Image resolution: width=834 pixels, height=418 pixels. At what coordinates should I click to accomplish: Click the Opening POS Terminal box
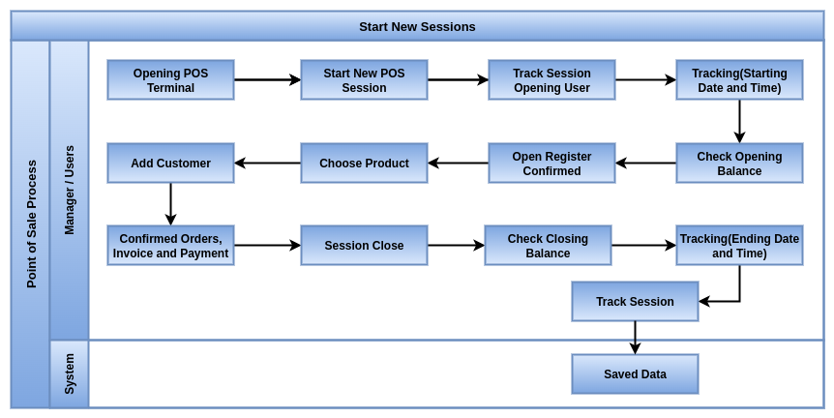point(170,79)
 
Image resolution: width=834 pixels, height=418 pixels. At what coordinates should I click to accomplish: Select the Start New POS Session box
point(365,79)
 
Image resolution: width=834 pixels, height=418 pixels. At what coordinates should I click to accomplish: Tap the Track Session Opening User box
point(552,79)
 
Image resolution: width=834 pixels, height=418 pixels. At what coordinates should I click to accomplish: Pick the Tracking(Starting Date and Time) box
point(740,79)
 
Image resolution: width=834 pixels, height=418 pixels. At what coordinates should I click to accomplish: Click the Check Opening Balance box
point(740,164)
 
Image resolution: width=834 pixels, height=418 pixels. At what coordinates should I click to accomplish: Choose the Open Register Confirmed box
point(552,164)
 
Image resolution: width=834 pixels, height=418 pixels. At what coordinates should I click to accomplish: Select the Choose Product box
point(365,164)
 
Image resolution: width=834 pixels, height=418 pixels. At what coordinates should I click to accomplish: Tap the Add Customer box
point(170,164)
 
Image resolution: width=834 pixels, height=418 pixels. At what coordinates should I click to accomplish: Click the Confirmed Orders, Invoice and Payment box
point(170,245)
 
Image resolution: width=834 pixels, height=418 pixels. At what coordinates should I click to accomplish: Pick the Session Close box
point(365,245)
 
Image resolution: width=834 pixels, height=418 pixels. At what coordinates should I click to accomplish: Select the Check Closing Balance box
point(548,245)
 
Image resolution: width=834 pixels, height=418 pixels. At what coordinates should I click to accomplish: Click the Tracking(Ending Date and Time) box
point(740,245)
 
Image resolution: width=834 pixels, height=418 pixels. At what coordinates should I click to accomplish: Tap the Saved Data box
point(635,373)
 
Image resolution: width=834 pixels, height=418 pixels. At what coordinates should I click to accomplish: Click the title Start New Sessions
point(418,26)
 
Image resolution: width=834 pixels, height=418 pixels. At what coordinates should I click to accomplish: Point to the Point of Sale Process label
point(31,224)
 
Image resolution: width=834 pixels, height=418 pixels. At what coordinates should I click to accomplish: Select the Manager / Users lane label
point(69,190)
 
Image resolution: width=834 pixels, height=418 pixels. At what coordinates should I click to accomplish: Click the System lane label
point(69,373)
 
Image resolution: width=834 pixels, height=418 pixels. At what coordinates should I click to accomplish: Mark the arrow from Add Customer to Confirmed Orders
point(170,204)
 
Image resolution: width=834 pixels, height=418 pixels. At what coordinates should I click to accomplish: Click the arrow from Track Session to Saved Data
point(635,338)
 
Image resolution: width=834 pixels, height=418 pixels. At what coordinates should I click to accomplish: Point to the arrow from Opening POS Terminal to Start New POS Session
point(268,79)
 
